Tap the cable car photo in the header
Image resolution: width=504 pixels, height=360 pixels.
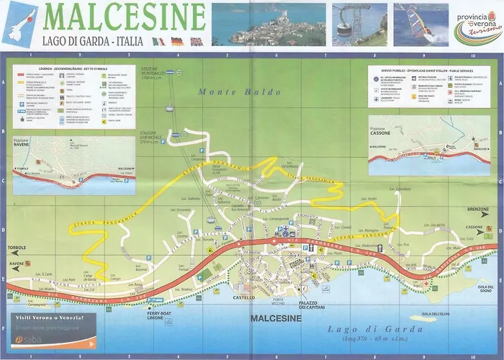[x=358, y=24]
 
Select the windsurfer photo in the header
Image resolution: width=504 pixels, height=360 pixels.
[x=420, y=24]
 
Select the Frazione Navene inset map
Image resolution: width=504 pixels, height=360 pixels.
[x=75, y=165]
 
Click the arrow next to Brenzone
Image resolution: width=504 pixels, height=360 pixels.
[x=492, y=208]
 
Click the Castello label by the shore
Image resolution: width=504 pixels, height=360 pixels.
[x=243, y=297]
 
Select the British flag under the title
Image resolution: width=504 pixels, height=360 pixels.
[x=195, y=42]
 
